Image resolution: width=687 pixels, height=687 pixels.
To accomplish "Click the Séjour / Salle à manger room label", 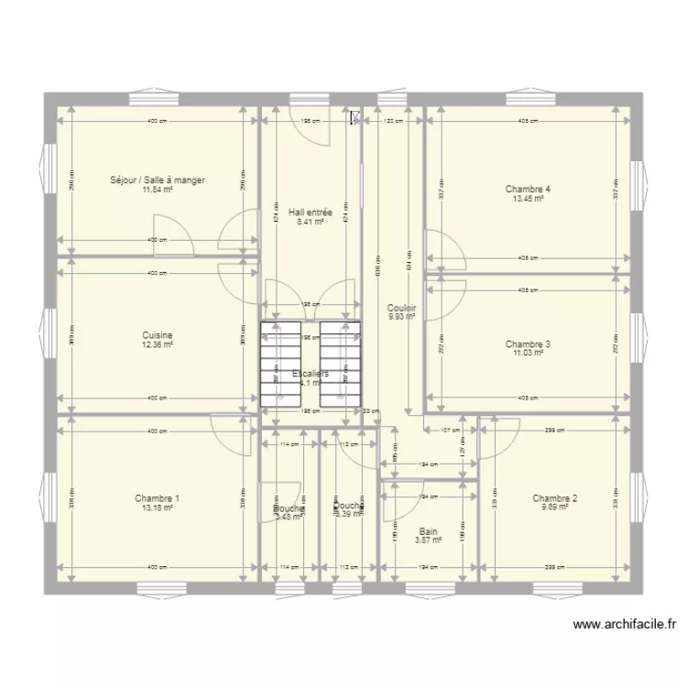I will [158, 180].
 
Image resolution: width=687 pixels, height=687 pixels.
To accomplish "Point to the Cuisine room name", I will [158, 335].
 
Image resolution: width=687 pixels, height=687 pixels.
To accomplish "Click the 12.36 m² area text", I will [158, 344].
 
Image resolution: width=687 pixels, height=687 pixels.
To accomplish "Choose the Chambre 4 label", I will [528, 190].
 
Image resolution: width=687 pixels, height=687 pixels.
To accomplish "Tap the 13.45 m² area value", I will [528, 199].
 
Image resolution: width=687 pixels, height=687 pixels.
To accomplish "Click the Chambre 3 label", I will [528, 344].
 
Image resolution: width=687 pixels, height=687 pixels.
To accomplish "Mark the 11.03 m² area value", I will [528, 354].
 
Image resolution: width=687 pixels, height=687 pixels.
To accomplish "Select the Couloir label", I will [401, 309].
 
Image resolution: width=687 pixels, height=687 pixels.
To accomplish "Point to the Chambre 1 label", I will [158, 499].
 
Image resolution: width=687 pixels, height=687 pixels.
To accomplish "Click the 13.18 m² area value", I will [158, 508].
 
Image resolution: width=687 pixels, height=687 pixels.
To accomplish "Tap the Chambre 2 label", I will [555, 499].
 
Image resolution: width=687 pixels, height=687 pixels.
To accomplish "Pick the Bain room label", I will [428, 531].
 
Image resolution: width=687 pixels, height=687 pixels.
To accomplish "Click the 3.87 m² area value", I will [428, 540].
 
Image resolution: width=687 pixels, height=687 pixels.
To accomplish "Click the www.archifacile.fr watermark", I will [625, 625].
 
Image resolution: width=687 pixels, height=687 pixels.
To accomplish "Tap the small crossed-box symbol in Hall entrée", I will [354, 117].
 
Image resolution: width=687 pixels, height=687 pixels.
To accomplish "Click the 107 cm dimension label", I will [450, 430].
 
